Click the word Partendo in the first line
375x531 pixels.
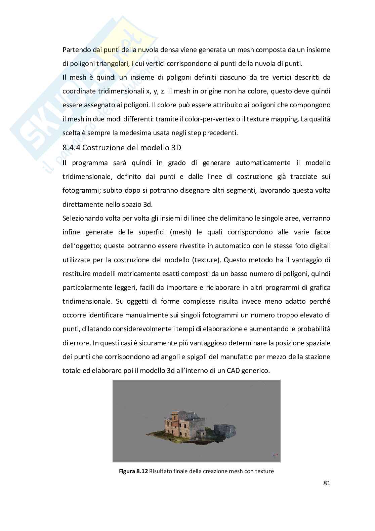(x=77, y=50)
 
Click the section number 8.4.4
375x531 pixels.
(x=72, y=148)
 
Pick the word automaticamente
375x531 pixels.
(x=263, y=163)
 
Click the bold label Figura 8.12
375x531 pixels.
(x=133, y=471)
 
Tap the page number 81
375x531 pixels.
(x=327, y=483)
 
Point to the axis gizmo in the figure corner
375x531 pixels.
(x=275, y=454)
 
